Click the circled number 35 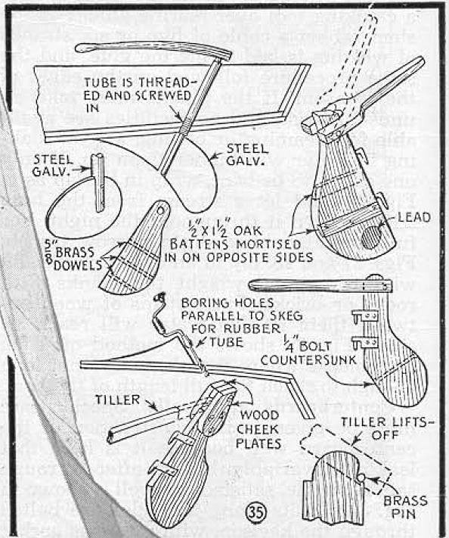click(255, 511)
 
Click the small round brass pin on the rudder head click(361, 477)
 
